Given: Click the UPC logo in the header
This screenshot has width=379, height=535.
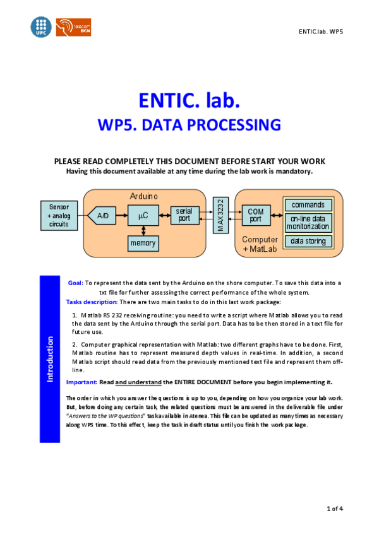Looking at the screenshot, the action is [x=41, y=26].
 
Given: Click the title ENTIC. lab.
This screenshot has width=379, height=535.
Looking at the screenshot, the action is [x=189, y=100].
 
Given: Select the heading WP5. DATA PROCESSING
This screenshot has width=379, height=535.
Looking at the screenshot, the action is [x=189, y=124].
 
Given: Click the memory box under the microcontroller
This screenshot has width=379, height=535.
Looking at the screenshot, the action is [x=143, y=243].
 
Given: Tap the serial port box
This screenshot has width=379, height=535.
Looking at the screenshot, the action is [x=184, y=216].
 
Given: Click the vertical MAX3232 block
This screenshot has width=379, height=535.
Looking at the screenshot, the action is [x=220, y=216].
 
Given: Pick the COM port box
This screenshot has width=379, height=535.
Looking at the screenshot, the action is [x=255, y=216].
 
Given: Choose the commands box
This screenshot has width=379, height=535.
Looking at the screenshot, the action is [x=308, y=204].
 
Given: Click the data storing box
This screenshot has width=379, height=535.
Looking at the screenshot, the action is [x=308, y=241].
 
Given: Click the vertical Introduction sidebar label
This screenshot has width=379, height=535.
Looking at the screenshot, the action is [x=50, y=358].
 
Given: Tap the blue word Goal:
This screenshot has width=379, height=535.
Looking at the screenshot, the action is [x=75, y=283].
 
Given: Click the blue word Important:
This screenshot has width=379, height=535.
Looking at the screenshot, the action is [x=81, y=382].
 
